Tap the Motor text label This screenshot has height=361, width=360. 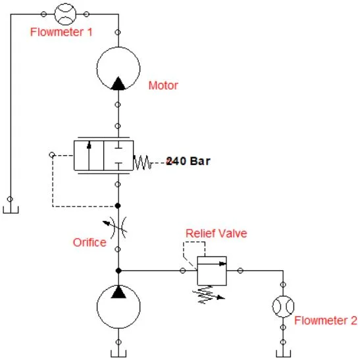tap(163, 85)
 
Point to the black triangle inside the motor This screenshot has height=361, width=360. tap(118, 84)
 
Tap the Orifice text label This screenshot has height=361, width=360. tap(89, 243)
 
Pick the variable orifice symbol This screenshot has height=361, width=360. tap(118, 227)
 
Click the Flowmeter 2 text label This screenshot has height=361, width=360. tap(325, 321)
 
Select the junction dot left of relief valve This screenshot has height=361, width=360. tap(118, 270)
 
